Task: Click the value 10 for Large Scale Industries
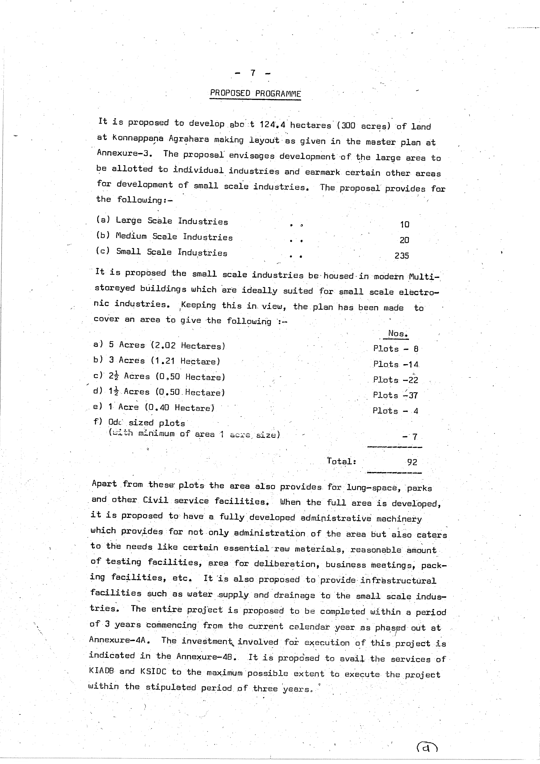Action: click(404, 225)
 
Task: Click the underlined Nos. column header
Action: click(398, 333)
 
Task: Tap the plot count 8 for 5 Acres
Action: click(416, 349)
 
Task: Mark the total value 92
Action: click(412, 462)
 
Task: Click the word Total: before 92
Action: click(341, 461)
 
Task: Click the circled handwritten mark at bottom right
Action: click(427, 747)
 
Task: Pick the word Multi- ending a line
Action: click(424, 277)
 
